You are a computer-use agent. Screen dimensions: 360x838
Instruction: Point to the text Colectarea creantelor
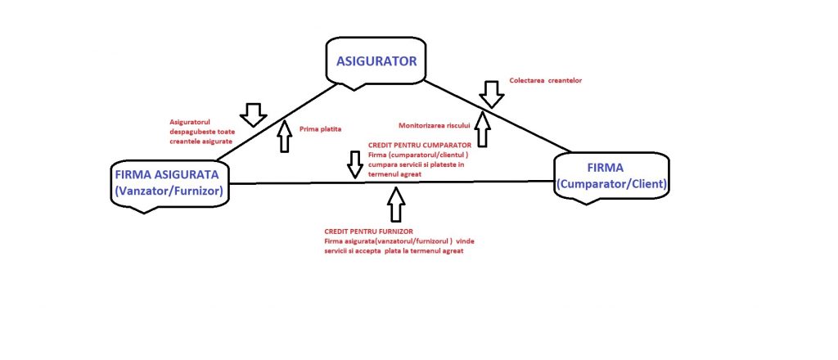[x=545, y=80]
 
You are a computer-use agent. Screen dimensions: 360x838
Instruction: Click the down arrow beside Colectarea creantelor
[x=492, y=93]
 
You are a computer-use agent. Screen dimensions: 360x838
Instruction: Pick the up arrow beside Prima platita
[x=284, y=135]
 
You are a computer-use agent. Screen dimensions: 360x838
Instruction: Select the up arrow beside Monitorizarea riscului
[x=483, y=129]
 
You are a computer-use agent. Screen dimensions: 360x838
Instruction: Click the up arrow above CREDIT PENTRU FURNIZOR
[x=396, y=204]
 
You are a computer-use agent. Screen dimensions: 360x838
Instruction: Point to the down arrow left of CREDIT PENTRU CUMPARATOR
[x=354, y=164]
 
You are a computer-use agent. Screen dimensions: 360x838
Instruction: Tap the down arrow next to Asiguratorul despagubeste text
[x=254, y=114]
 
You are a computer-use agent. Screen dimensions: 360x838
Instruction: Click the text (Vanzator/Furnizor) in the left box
[x=170, y=191]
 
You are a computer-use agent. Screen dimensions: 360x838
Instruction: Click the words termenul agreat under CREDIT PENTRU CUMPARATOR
[x=395, y=174]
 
